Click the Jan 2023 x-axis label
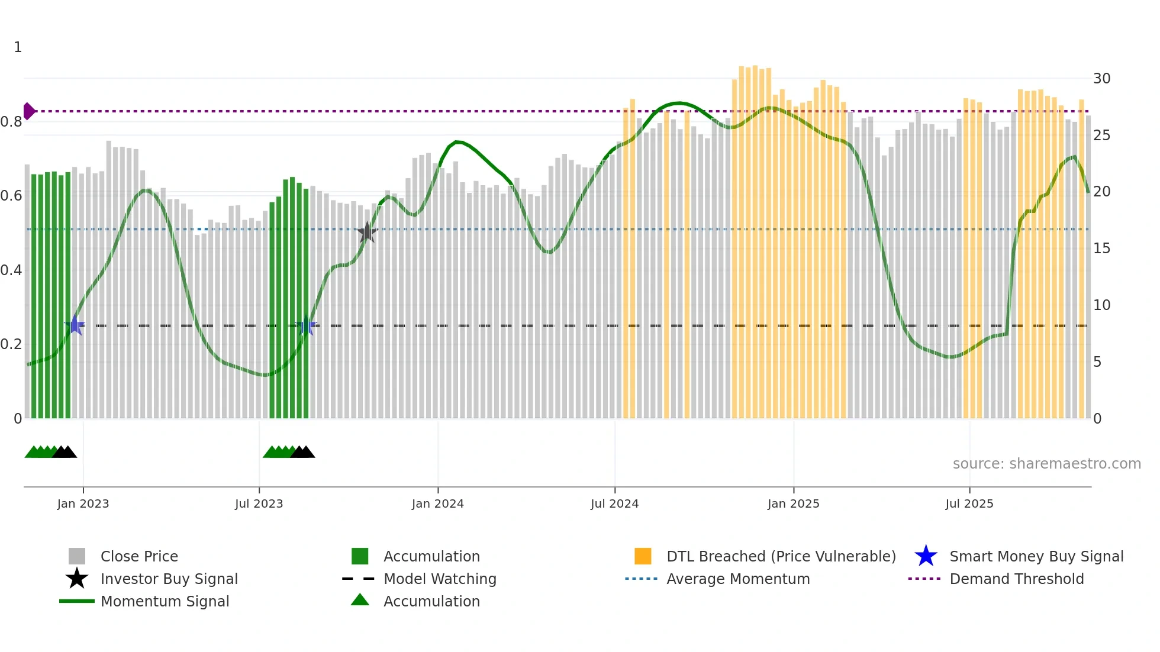(83, 503)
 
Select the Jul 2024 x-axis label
(614, 503)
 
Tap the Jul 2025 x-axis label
(969, 503)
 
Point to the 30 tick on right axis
(1101, 79)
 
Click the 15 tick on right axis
(1101, 248)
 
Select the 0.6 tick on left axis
(11, 196)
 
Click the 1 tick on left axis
(18, 47)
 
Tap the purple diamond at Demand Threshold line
(28, 111)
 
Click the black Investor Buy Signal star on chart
(367, 233)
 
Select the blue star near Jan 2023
(75, 325)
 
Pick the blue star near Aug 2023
(307, 325)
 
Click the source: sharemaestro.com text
(1046, 464)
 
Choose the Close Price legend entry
(139, 556)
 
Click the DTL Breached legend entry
(781, 556)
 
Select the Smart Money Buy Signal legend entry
(1036, 556)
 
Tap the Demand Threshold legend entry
(1016, 579)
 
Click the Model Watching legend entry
(439, 579)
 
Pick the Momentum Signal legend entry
(165, 601)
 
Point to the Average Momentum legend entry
(737, 579)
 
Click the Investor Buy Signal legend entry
(169, 579)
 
